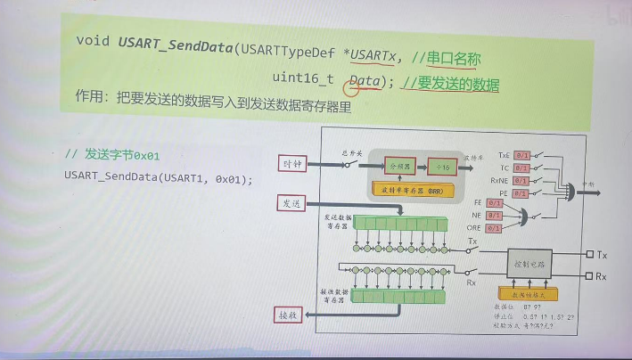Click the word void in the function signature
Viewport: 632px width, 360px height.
(93, 40)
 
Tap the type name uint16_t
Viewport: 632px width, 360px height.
(303, 79)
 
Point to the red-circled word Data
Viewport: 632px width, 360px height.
(365, 82)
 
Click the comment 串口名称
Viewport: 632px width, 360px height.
(454, 60)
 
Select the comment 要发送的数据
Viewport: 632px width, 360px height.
(460, 85)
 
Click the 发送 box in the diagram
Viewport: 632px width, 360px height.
(292, 204)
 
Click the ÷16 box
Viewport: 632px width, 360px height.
(439, 166)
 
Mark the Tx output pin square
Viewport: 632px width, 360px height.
(589, 254)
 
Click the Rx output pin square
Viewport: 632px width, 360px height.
(589, 276)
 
